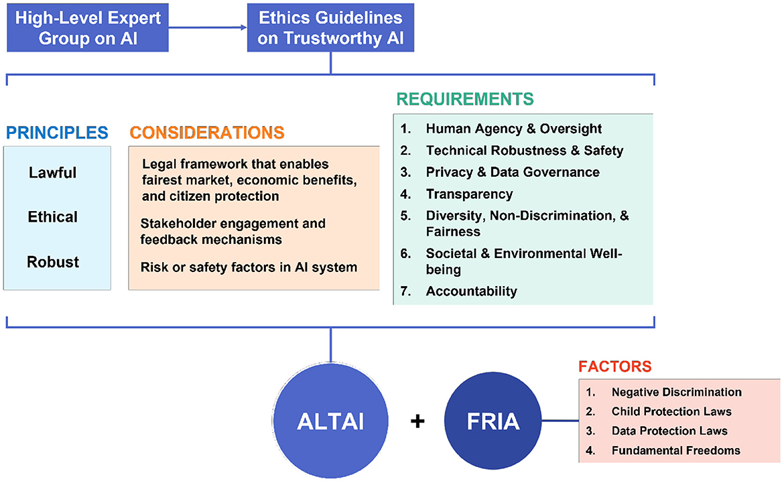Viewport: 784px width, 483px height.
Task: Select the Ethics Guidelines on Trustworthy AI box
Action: [330, 27]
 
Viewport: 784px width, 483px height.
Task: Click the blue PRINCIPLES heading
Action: [56, 133]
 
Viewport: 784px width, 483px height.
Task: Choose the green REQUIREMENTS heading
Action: [465, 99]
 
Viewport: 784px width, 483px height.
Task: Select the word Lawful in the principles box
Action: [53, 173]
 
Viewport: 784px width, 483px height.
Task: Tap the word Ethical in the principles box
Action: [53, 217]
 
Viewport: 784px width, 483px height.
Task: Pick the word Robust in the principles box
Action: [53, 262]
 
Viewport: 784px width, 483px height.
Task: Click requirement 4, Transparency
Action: [469, 194]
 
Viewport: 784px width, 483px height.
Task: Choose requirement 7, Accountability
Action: [471, 291]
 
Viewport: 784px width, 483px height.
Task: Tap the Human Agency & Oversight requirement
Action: [513, 129]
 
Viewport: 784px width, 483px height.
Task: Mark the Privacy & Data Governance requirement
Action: [513, 172]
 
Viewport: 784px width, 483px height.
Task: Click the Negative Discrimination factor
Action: [676, 392]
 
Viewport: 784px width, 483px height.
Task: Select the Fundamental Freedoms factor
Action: [675, 450]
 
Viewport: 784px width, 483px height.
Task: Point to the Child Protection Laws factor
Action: [671, 411]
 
